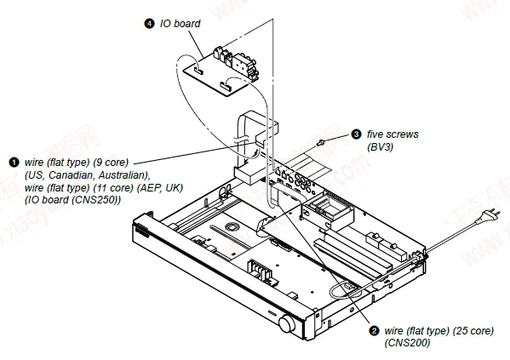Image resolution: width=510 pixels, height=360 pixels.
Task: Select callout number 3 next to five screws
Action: (x=356, y=134)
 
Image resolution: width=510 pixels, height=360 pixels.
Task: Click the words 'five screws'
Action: (x=393, y=134)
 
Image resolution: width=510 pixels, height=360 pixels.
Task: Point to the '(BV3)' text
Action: (x=381, y=146)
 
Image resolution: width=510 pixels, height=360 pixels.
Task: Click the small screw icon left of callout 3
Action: (x=319, y=140)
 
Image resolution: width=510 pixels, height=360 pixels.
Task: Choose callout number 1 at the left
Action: (x=14, y=161)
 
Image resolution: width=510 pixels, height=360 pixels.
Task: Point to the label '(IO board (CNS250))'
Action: (x=72, y=199)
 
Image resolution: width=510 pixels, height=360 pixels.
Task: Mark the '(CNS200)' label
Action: (x=405, y=342)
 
